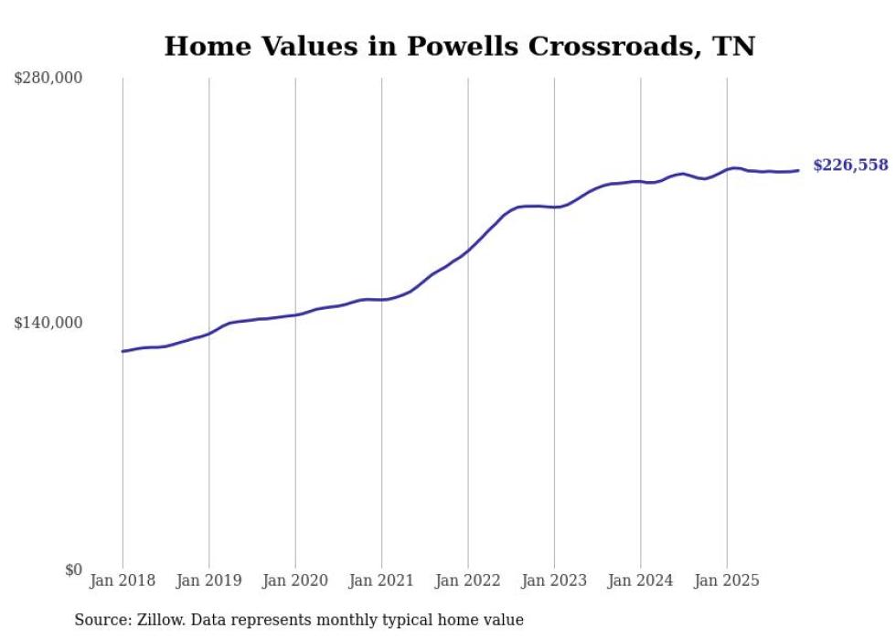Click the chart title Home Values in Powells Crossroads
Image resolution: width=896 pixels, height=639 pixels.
click(459, 47)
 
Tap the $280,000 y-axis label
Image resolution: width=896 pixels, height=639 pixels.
click(48, 79)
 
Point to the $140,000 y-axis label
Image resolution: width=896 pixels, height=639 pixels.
click(48, 323)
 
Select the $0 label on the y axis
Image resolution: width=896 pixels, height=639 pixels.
click(73, 570)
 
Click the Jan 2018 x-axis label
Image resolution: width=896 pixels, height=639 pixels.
click(123, 580)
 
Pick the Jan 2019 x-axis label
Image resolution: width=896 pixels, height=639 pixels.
click(208, 580)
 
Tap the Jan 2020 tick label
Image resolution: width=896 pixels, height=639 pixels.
click(295, 580)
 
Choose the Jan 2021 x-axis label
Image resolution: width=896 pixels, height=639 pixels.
click(381, 580)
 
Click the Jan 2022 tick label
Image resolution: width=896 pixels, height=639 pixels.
click(468, 580)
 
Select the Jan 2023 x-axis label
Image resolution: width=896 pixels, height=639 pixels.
click(554, 580)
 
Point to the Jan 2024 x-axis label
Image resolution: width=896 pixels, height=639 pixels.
click(641, 580)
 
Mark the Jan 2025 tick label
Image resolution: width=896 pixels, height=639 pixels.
click(727, 580)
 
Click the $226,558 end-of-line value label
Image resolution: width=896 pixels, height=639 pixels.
click(850, 165)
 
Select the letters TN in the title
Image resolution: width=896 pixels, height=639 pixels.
click(734, 47)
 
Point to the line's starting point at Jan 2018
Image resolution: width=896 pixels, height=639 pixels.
click(123, 351)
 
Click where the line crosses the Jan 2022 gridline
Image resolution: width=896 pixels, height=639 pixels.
click(468, 250)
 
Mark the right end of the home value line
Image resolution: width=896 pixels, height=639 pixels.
click(798, 170)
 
